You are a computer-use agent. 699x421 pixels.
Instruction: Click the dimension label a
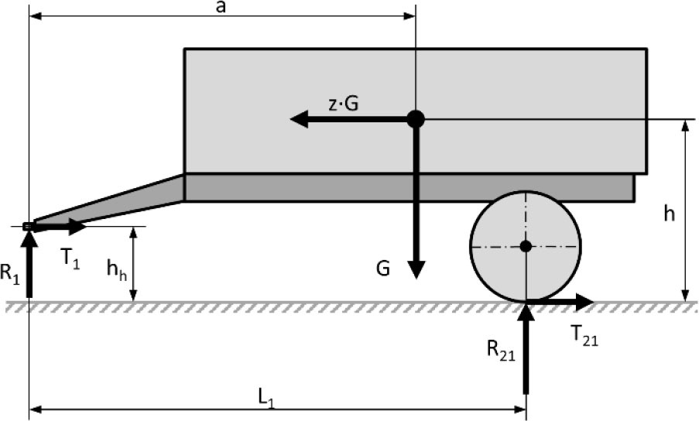point(220,8)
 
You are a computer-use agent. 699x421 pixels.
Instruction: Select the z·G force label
point(343,104)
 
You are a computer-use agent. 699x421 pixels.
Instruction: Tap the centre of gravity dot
point(416,119)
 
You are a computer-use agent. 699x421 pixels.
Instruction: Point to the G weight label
point(383,269)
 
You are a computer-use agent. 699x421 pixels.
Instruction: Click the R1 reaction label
point(10,273)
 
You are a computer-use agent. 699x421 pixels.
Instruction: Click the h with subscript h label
point(117,269)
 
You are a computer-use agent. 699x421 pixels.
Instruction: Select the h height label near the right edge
point(669,214)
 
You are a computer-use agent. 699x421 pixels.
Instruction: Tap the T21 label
point(584,335)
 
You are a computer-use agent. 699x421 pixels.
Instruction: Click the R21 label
point(501,350)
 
